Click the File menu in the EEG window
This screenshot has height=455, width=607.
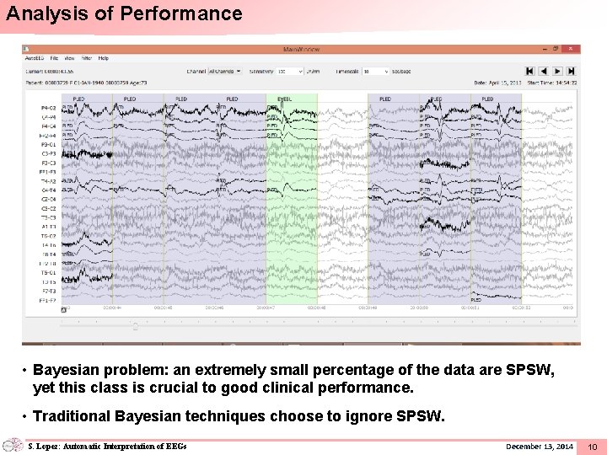(x=54, y=58)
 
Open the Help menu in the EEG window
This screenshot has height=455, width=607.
(x=104, y=58)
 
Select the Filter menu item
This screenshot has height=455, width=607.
(x=87, y=58)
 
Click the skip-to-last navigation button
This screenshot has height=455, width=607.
(x=572, y=72)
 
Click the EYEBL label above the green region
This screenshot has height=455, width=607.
(x=284, y=99)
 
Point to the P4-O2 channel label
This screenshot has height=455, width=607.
(x=48, y=109)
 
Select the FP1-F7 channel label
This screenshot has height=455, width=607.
(x=48, y=300)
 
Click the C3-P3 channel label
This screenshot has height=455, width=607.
(x=48, y=153)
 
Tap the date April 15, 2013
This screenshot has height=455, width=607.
(x=503, y=83)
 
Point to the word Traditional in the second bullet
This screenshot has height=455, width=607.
(x=70, y=415)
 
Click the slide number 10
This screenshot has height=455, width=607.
(x=592, y=447)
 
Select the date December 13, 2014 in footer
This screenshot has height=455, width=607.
(x=540, y=446)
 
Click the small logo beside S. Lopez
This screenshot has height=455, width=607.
(x=13, y=446)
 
